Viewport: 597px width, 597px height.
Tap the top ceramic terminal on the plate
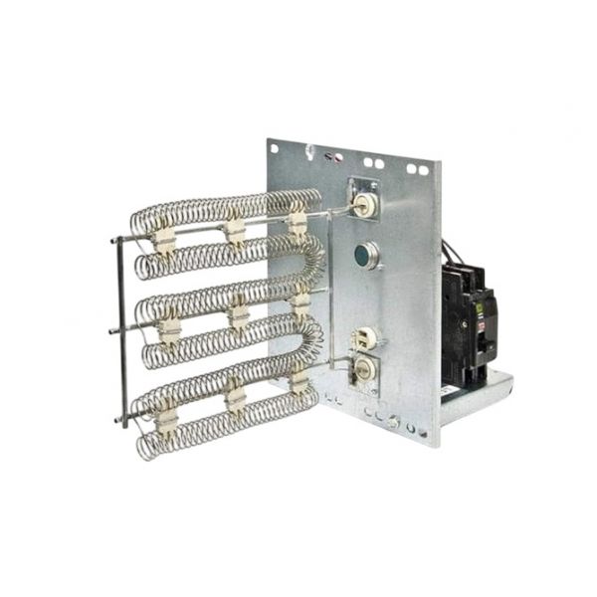click(x=365, y=206)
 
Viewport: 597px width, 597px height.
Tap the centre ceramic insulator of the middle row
click(x=239, y=316)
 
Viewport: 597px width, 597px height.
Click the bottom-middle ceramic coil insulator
click(x=236, y=398)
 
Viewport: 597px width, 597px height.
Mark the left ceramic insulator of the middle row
click(x=170, y=328)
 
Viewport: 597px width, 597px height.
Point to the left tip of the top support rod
click(x=114, y=240)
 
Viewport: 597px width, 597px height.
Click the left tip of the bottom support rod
click(x=117, y=421)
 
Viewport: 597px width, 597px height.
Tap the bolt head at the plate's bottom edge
click(x=394, y=424)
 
